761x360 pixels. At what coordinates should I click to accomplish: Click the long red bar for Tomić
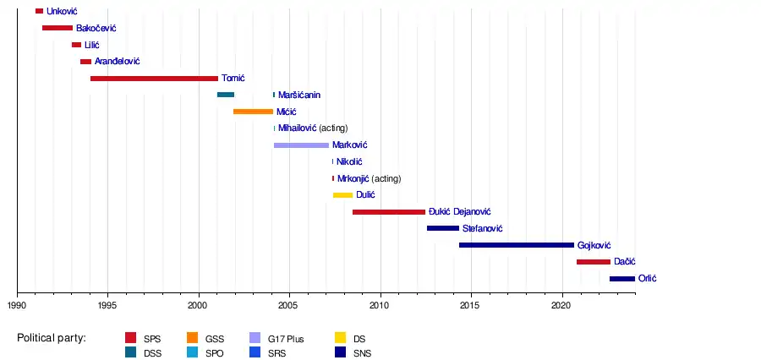(154, 79)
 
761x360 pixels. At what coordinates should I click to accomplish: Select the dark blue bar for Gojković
(516, 245)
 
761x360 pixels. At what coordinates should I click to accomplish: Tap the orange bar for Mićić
(253, 112)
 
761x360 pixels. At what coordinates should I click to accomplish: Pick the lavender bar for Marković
(301, 145)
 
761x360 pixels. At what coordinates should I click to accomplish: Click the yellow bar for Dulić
(342, 195)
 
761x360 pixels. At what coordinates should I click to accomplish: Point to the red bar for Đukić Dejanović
(389, 212)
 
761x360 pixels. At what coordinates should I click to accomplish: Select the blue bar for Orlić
(621, 279)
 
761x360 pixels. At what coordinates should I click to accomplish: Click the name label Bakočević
(96, 29)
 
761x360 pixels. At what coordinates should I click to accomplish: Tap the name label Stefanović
(483, 229)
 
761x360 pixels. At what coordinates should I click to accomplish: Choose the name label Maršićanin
(299, 95)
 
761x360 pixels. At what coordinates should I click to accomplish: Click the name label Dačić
(625, 262)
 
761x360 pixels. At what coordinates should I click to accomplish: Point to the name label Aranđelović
(117, 62)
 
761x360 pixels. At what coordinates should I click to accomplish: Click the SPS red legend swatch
(131, 339)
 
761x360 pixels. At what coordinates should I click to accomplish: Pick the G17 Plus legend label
(285, 339)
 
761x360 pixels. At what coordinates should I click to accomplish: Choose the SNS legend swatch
(341, 353)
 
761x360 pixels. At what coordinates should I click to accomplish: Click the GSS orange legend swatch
(192, 339)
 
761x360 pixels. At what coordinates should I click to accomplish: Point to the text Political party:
(52, 339)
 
